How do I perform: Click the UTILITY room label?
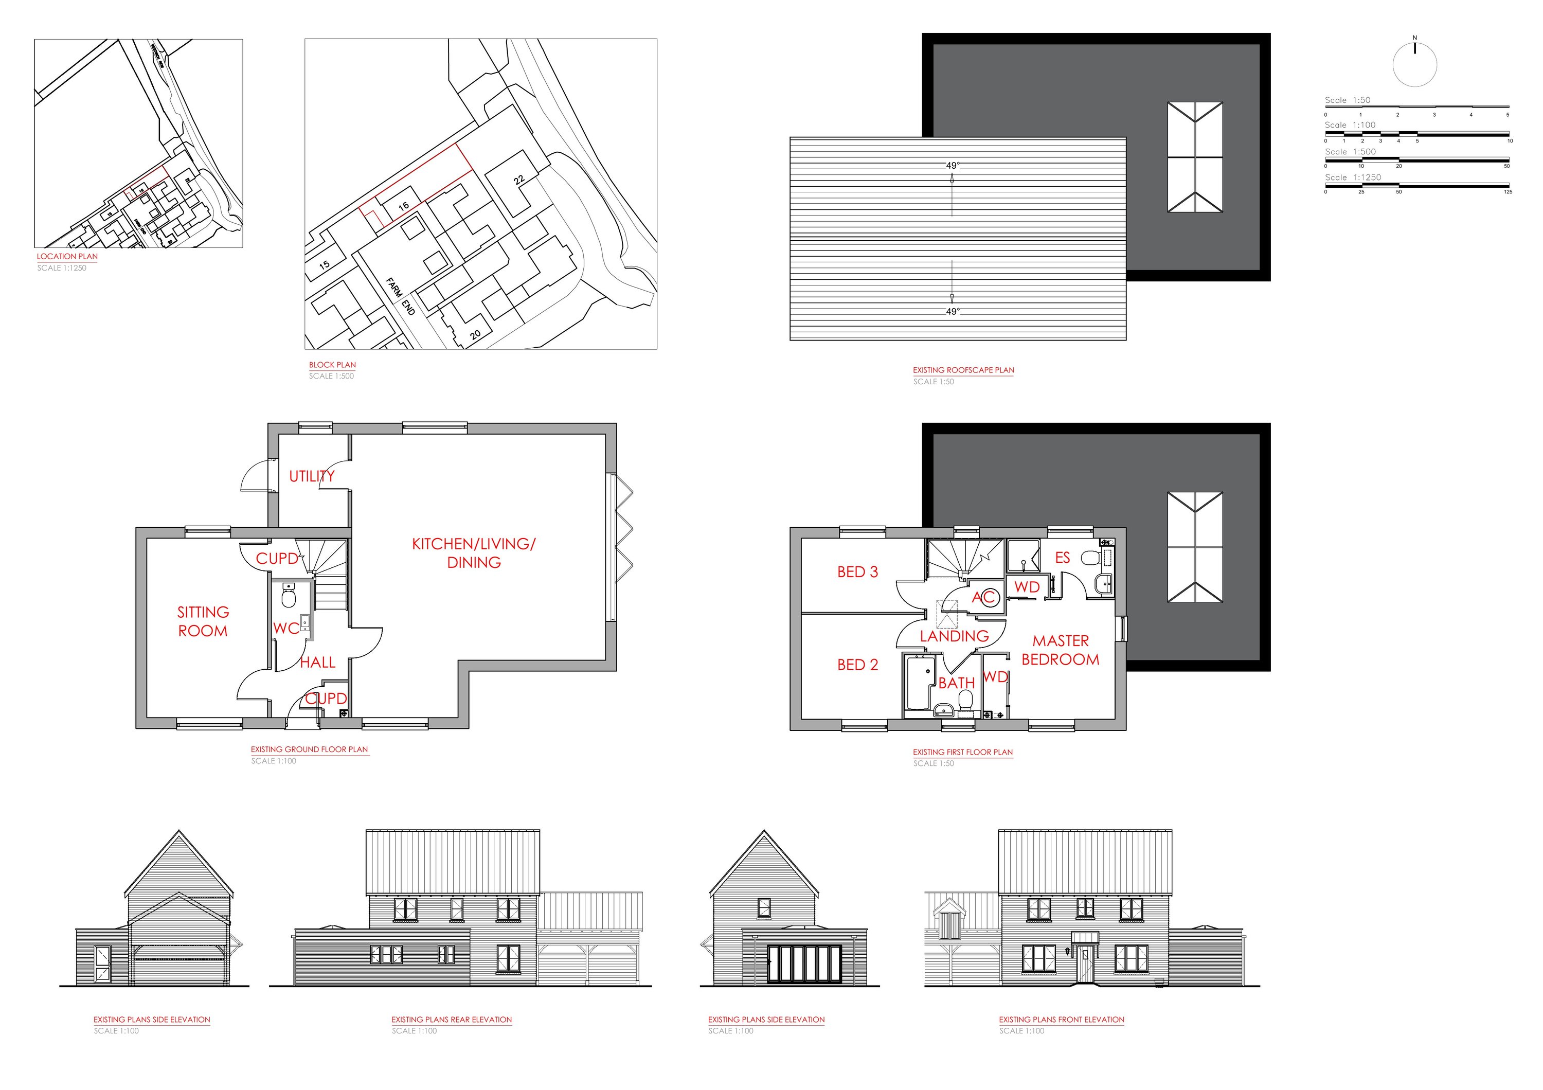311,476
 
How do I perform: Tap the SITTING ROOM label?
203,621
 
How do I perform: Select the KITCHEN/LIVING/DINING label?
474,552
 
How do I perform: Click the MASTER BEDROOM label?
1060,650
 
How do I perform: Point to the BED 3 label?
857,572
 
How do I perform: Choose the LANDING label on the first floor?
954,636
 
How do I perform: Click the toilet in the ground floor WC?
289,595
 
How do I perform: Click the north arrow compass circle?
1414,65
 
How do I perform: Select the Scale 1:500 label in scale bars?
1350,152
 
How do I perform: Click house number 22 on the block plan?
519,180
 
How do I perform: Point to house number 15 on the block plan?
324,265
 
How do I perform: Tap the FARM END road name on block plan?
401,296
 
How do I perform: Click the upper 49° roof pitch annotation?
952,165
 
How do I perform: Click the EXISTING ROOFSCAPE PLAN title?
962,370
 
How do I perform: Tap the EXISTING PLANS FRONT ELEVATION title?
1061,1020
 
